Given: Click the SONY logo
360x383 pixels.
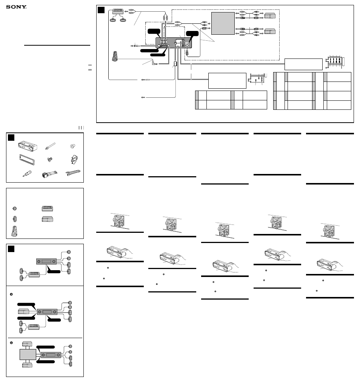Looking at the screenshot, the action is pos(16,7).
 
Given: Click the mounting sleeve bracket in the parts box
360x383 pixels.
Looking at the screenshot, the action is pos(28,146).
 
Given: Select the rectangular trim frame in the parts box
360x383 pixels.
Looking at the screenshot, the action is pos(27,160).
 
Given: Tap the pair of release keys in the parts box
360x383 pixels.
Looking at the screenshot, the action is pos(73,173).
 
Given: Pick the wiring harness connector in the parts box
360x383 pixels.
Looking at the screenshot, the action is pos(49,174).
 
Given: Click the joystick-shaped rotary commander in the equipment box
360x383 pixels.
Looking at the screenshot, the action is pos(14,231).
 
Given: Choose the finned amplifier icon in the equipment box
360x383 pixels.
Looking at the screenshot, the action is pos(48,208).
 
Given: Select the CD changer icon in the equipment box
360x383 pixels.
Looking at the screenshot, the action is pos(48,219).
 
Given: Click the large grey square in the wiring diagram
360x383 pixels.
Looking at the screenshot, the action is pos(223,23).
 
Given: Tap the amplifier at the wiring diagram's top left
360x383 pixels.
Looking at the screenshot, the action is pos(118,11).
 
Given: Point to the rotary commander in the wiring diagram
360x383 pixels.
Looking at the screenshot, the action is pos(115,56).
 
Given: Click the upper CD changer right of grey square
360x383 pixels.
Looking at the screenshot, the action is pos(270,16).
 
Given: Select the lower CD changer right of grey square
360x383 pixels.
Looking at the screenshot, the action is pos(270,31).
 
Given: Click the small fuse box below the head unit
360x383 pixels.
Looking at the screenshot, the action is pos(175,64).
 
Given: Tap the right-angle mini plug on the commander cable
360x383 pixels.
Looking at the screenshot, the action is pos(155,63).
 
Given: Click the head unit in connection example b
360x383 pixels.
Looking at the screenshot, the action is pos(51,355).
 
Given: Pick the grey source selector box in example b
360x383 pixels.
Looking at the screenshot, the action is pos(28,354).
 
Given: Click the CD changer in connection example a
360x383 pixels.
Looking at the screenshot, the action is pos(24,312).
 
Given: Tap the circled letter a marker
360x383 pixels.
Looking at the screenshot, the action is pos(11,294).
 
